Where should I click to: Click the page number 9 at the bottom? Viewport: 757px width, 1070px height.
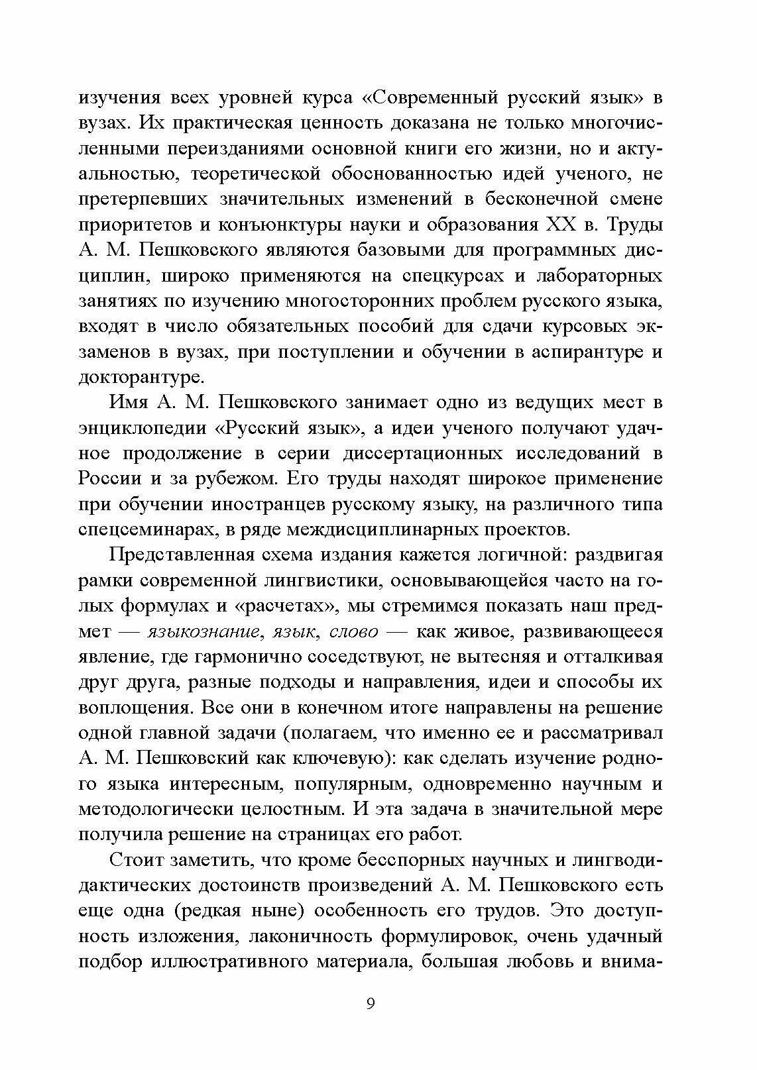pos(371,1002)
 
